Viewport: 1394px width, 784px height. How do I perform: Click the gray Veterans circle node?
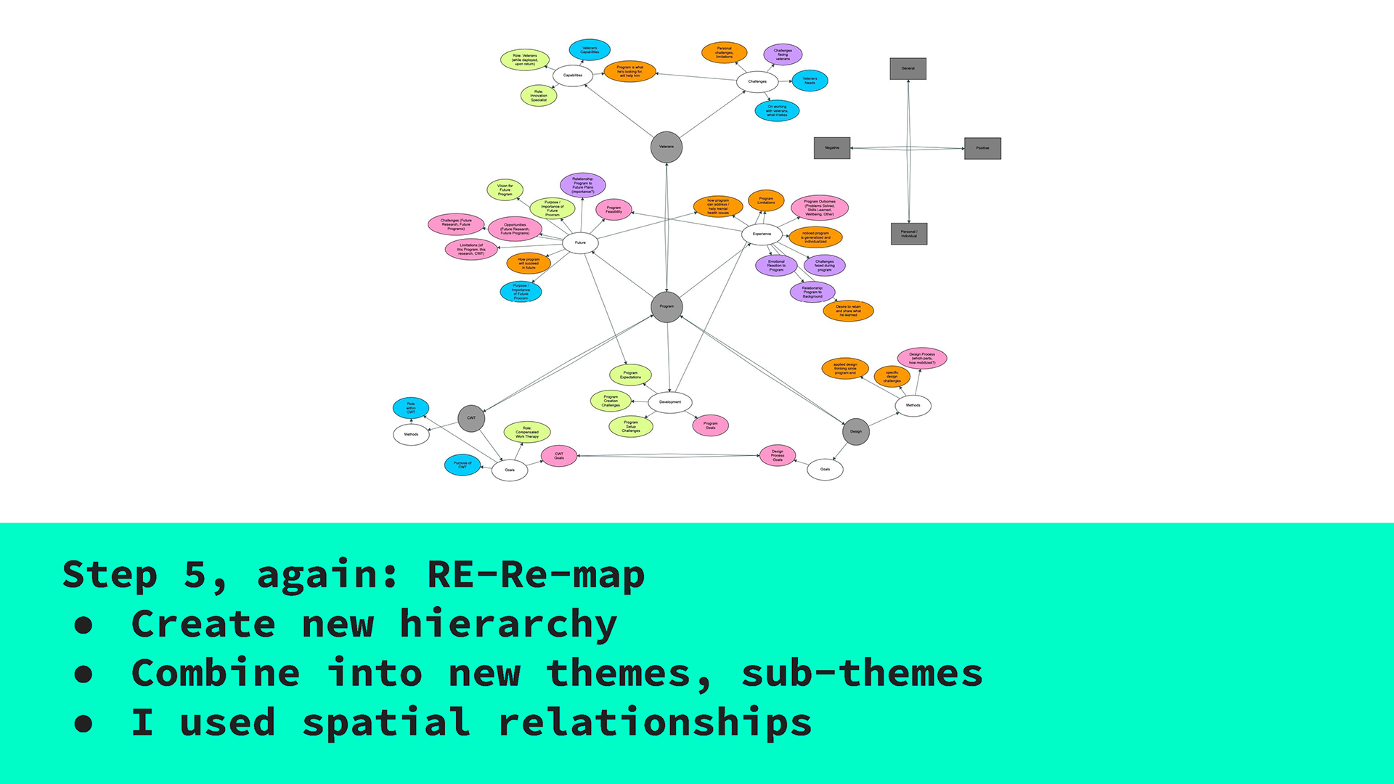666,147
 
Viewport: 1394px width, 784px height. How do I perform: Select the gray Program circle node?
666,307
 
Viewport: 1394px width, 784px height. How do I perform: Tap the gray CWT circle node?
471,418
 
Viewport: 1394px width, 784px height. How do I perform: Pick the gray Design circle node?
856,432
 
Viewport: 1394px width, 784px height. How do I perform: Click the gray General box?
908,69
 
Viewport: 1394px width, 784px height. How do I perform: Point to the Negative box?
832,148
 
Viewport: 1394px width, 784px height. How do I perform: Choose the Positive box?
982,148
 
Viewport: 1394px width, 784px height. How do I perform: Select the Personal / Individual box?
909,234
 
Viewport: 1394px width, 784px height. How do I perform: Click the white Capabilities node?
573,75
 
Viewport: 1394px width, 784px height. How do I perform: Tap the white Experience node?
762,234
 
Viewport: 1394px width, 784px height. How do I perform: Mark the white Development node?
669,402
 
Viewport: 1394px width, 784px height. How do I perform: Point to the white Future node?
580,243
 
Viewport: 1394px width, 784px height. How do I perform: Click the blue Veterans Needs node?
810,81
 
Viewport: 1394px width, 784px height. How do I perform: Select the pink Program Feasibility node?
614,210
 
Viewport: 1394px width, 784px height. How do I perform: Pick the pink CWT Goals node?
559,456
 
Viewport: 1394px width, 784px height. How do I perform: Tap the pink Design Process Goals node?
777,456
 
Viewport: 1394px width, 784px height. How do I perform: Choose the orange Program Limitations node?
766,200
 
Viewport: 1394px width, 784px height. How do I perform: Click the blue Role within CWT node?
411,408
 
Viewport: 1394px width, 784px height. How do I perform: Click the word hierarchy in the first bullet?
508,624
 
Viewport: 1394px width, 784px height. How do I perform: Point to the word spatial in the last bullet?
386,723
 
